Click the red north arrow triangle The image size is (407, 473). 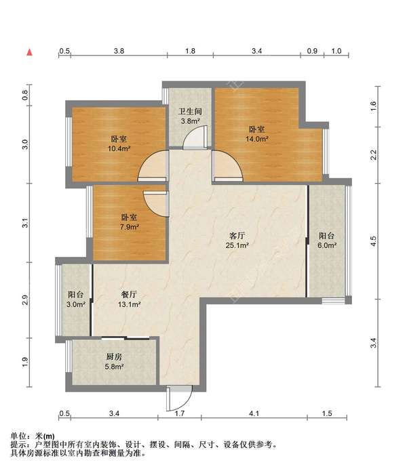(30, 52)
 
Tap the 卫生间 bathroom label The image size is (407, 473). (190, 112)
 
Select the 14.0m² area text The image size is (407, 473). (257, 139)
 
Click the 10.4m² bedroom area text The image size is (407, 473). (119, 148)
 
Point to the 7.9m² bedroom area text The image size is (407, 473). (130, 227)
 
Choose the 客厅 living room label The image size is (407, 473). (237, 236)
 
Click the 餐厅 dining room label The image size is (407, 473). (130, 294)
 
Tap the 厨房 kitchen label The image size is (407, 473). (114, 357)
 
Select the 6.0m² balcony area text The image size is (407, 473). (327, 245)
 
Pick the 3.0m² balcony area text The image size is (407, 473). (76, 304)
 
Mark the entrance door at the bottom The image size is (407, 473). (179, 398)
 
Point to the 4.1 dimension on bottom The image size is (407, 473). (254, 413)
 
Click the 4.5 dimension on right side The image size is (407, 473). (374, 241)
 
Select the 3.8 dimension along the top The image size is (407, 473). (119, 51)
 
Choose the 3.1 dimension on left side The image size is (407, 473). (25, 223)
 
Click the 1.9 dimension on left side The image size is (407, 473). (25, 362)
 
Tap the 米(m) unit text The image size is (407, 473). (45, 436)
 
